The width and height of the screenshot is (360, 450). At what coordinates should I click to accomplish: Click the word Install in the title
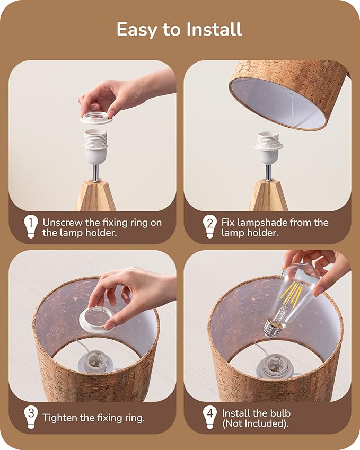[x=214, y=29]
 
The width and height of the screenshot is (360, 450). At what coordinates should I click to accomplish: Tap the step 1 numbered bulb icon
[x=31, y=226]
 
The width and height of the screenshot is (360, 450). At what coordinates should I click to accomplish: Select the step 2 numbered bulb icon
[x=210, y=226]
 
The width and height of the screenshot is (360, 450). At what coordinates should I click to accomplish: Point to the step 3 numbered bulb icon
[x=31, y=417]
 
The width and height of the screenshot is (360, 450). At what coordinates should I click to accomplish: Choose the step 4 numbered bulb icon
[x=210, y=417]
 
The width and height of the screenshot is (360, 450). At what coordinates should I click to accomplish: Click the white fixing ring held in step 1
[x=95, y=118]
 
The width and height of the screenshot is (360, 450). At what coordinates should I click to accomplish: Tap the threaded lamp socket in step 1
[x=96, y=146]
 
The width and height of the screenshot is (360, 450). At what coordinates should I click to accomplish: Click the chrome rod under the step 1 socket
[x=96, y=173]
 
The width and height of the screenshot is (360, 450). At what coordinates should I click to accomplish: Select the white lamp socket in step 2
[x=268, y=147]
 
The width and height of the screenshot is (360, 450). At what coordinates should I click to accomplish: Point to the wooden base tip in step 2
[x=268, y=196]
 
